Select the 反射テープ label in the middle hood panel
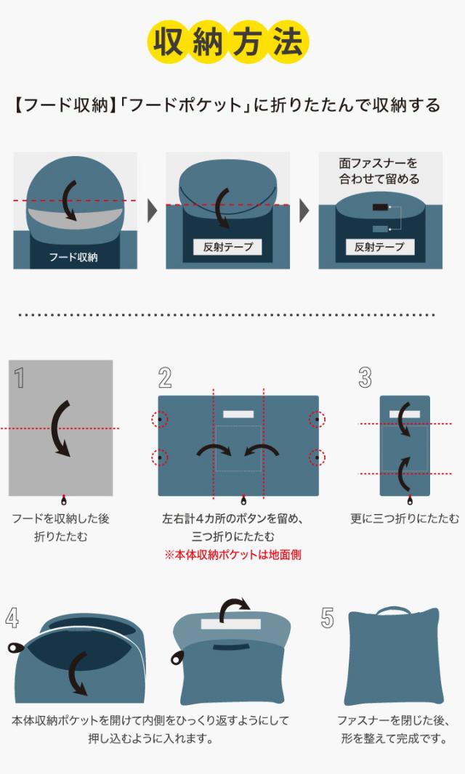click(x=227, y=247)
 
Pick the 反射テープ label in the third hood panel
click(x=379, y=247)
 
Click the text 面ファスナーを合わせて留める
click(x=379, y=171)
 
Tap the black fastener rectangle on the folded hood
click(x=379, y=208)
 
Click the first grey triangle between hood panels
click(x=152, y=211)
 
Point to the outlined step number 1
click(x=20, y=378)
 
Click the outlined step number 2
click(x=165, y=378)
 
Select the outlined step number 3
click(x=365, y=378)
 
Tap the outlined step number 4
click(x=12, y=617)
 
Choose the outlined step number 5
click(x=328, y=618)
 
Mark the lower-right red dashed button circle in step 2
click(x=317, y=457)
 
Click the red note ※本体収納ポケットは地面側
click(x=232, y=555)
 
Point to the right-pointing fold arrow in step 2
click(x=214, y=451)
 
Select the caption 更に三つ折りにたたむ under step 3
click(x=404, y=518)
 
